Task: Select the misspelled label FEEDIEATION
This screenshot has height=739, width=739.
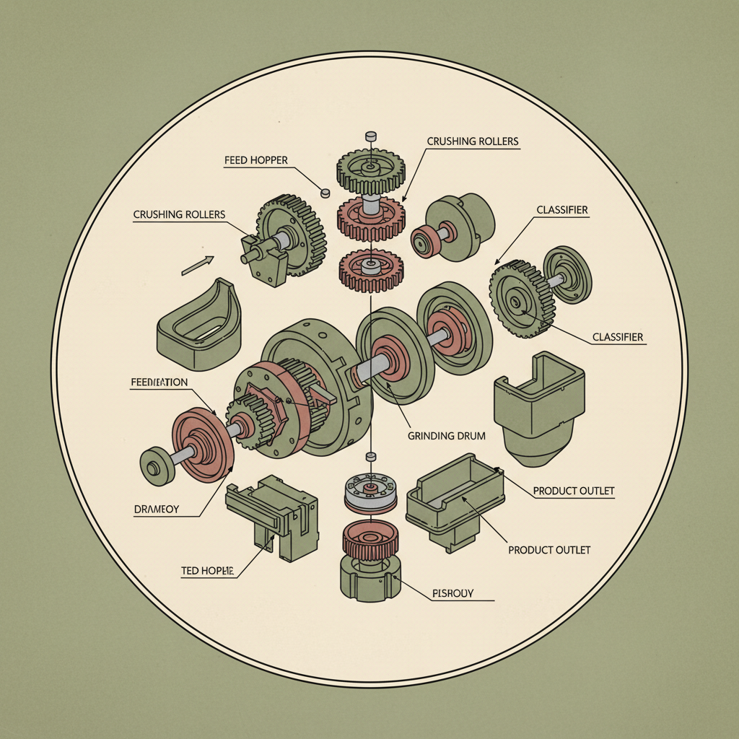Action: [x=159, y=382]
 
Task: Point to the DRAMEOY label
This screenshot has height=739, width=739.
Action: [x=157, y=510]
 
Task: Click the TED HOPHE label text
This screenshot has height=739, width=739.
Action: [x=208, y=571]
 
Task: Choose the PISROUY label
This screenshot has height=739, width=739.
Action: [x=452, y=593]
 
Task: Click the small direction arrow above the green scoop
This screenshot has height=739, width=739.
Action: [x=198, y=265]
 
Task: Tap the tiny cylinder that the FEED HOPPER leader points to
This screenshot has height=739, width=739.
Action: [x=325, y=192]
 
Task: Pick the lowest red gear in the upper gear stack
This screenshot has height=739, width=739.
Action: [x=369, y=270]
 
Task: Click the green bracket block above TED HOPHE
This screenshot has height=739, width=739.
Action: [x=273, y=514]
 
